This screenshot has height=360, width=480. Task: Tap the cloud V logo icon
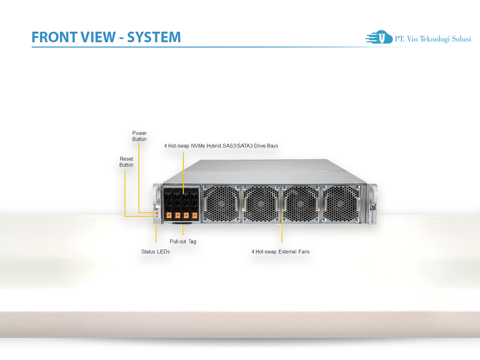click(x=379, y=37)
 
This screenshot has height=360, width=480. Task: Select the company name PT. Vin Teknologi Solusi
click(x=432, y=39)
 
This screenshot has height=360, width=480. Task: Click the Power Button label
click(x=139, y=136)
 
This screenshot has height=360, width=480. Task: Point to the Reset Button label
click(x=126, y=162)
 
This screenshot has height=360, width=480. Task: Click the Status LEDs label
click(x=155, y=252)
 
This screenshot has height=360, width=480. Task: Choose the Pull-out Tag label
click(x=183, y=241)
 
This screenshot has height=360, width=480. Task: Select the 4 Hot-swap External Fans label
click(x=280, y=252)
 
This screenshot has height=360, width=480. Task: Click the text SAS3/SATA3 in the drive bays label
click(x=255, y=145)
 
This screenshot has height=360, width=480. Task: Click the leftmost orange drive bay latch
click(x=169, y=215)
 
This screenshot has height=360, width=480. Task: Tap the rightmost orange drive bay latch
click(x=193, y=215)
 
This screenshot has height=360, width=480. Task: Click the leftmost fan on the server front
click(x=221, y=204)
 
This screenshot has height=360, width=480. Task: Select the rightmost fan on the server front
click(x=340, y=204)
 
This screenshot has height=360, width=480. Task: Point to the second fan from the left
click(x=261, y=204)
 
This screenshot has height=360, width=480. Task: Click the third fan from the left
click(x=300, y=204)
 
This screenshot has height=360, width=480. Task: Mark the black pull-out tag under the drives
click(x=182, y=223)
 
